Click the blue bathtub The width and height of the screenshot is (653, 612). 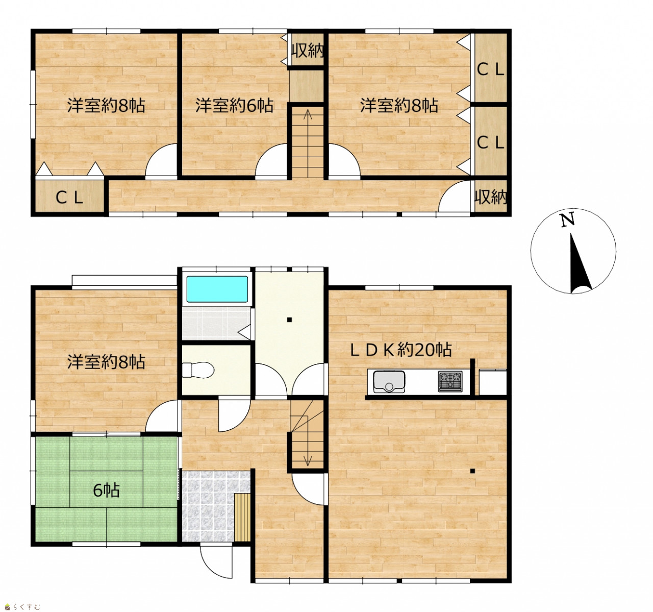(217, 289)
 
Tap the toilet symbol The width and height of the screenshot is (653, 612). (198, 371)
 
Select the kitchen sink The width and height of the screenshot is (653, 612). (389, 381)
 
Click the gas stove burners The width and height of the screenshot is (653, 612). (450, 381)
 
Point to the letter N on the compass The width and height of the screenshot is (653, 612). (568, 220)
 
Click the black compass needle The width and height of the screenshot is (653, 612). (580, 263)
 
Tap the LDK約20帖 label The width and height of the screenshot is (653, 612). (401, 350)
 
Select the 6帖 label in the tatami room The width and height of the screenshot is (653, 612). (106, 491)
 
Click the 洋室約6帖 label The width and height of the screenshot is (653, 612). (234, 106)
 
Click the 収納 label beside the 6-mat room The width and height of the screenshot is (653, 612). (308, 51)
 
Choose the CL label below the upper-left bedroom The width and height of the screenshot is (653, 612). (69, 198)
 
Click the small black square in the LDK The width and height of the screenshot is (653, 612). (472, 471)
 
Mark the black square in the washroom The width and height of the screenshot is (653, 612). (289, 320)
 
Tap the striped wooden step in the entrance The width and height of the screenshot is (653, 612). (243, 518)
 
